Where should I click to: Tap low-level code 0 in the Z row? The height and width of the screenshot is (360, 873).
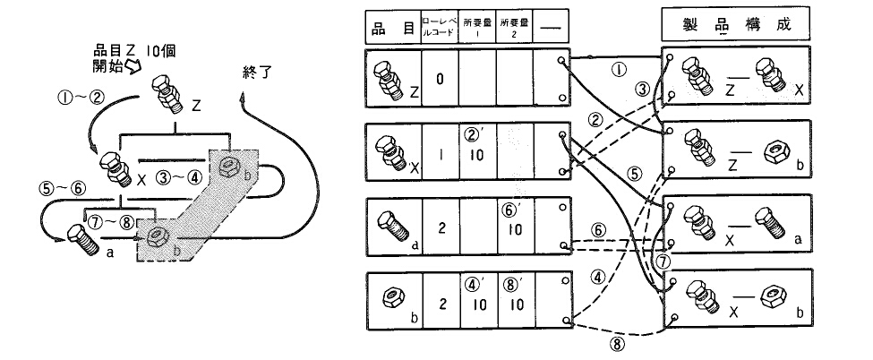coord(441,78)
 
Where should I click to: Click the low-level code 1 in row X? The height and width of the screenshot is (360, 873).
coord(440,152)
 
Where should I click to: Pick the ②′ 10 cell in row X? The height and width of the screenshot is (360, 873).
coord(476,146)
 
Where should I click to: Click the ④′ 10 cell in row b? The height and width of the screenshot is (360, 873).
coord(476,298)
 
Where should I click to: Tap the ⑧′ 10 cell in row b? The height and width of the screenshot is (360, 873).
coord(513,298)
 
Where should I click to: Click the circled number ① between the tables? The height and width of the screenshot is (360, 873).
coord(616,68)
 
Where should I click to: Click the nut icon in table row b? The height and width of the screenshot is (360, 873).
coord(390,296)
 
